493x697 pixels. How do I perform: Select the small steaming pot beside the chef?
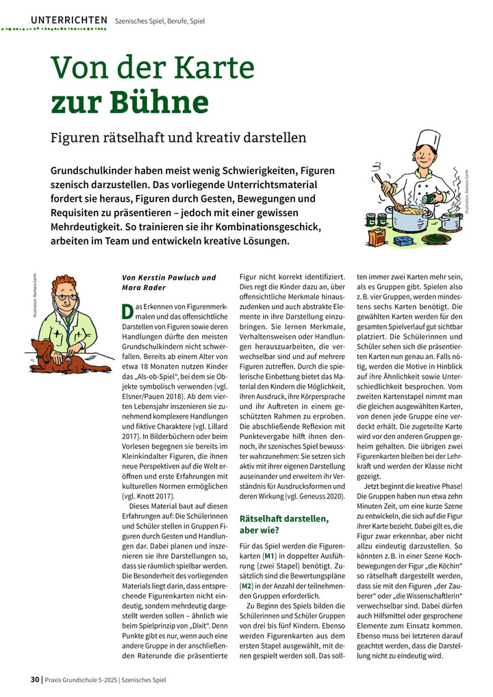point(449,219)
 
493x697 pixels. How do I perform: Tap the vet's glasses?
point(63,297)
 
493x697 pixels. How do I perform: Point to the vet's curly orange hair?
point(64,283)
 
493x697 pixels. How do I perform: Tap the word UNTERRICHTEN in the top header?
point(68,21)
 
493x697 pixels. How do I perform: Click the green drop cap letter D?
point(127,311)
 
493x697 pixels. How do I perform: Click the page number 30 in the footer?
point(35,680)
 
